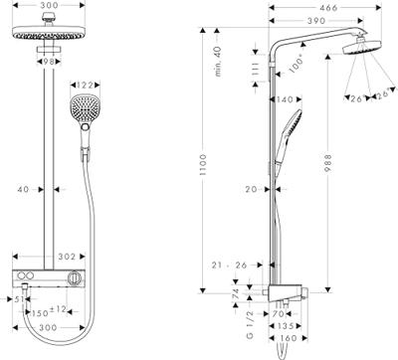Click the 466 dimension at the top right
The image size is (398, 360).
tap(320, 7)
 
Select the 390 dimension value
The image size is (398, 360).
tap(315, 21)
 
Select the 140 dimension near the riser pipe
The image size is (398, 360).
tap(282, 99)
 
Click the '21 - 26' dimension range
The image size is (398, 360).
tap(230, 265)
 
